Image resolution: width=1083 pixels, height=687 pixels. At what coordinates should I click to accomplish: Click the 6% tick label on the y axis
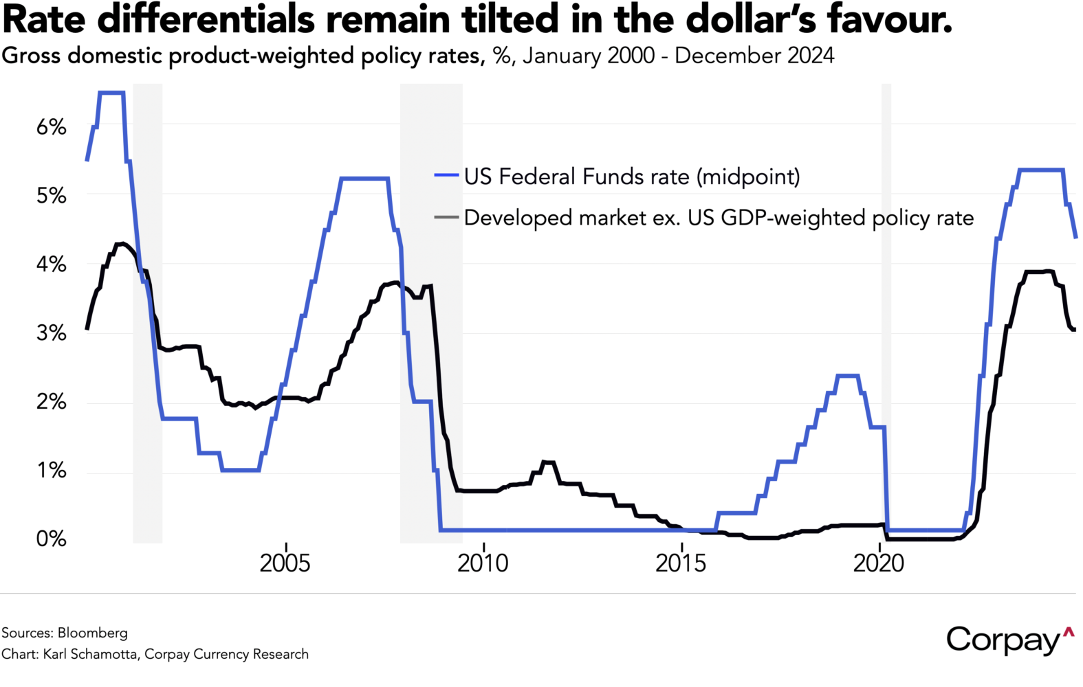coord(52,127)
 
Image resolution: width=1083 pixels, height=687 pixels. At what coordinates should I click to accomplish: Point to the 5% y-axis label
coord(52,196)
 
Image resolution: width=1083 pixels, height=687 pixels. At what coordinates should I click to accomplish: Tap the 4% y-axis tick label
coord(52,264)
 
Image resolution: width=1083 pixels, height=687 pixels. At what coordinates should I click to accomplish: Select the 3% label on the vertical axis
coord(52,333)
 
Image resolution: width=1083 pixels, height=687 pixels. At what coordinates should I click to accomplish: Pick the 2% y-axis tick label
coord(52,402)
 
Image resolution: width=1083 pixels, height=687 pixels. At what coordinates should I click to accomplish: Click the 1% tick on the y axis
coord(52,471)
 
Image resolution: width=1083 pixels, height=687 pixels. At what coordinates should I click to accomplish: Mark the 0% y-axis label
coord(52,539)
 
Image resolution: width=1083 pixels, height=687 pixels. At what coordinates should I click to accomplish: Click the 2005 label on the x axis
coord(285,563)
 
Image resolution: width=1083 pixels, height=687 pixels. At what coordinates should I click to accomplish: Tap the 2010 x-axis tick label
coord(483,563)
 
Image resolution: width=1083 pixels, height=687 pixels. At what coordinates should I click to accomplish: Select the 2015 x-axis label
coord(681,563)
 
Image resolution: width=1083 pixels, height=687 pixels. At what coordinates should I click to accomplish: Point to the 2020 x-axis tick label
coord(878,563)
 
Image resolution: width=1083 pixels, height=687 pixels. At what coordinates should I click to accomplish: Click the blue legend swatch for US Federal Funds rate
coord(446,177)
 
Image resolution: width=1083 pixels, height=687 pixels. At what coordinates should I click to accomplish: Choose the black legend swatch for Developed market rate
coord(446,218)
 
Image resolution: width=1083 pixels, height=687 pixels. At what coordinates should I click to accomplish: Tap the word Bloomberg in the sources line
coord(92,633)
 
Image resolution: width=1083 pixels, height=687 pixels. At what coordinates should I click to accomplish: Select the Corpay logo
coord(1009,640)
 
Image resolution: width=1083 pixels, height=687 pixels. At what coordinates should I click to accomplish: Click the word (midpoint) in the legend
coord(748,177)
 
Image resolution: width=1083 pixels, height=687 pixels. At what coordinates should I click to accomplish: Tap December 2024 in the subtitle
coord(754,56)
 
